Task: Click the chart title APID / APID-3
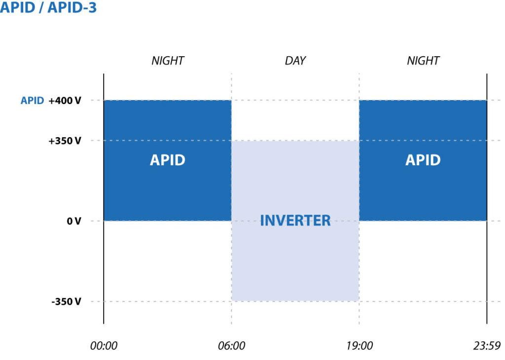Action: coord(48,8)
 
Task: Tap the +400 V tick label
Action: coord(65,101)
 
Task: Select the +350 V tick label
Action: coord(65,141)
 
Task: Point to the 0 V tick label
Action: coord(74,221)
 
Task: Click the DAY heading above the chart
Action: coord(295,61)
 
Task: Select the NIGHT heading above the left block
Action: coord(167,61)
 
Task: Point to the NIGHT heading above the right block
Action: coord(423,61)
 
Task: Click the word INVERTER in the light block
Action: coord(295,220)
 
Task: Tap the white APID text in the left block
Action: coord(167,160)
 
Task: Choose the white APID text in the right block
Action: coord(423,160)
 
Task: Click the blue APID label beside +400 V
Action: coord(32,101)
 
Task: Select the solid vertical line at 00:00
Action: coord(104,271)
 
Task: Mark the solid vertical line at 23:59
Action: coord(487,271)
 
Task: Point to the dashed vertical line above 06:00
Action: coord(231,86)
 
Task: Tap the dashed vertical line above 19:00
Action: coord(359,86)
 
